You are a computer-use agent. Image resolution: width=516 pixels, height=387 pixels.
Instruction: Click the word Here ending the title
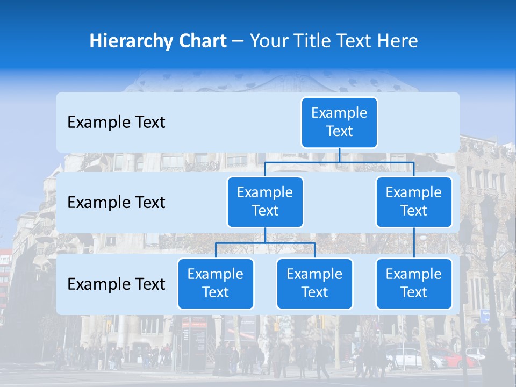pos(398,41)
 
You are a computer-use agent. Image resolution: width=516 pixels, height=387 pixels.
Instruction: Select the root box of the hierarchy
pos(339,122)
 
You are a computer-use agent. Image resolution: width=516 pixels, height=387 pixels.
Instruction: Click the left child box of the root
pos(265,202)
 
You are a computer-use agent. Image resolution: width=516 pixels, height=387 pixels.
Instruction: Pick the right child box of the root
pos(414,202)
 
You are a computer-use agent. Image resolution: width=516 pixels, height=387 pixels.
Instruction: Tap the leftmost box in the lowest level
pos(216,283)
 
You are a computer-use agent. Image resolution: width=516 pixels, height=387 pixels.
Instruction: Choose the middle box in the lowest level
pos(314,283)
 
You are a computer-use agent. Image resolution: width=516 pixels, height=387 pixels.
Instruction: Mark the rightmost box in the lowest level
pos(414,283)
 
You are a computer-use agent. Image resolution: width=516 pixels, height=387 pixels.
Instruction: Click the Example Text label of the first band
pos(116,123)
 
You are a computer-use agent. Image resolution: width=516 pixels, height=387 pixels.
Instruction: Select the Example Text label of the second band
pos(116,203)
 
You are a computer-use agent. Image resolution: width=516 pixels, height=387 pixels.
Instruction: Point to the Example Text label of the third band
pos(116,284)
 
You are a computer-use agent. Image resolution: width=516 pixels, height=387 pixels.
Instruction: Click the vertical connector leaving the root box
pos(339,155)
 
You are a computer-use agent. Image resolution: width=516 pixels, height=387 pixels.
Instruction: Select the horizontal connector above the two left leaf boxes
pos(265,243)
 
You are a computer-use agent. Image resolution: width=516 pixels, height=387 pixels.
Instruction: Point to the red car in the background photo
pos(451,357)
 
